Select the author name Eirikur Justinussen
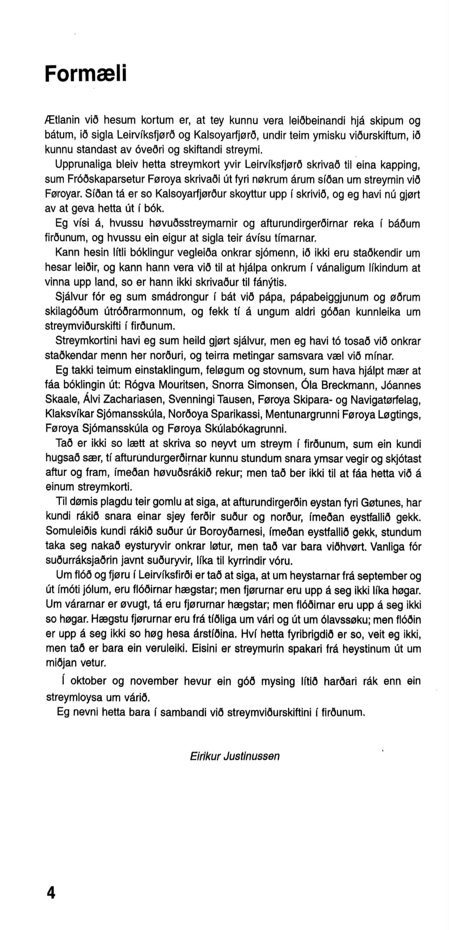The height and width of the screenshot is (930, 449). (x=234, y=756)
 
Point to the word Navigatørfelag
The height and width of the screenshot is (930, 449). (x=386, y=400)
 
